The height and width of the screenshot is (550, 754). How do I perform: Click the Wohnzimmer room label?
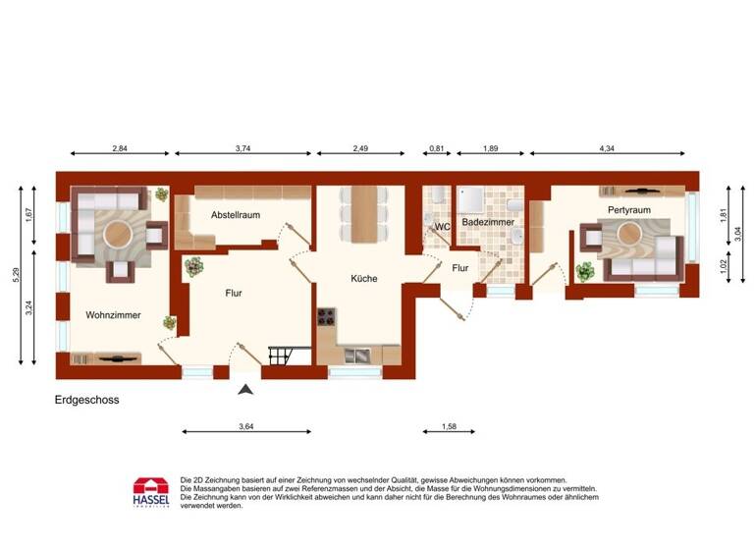point(113,315)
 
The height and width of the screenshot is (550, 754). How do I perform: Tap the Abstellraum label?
point(235,214)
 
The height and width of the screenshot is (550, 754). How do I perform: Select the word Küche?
point(363,279)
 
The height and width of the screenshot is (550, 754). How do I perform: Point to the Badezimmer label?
point(488,223)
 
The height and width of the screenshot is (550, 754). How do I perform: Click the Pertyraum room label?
point(629,210)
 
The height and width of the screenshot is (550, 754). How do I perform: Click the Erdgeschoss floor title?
point(87,401)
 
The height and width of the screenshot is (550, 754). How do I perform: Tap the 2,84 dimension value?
point(120,148)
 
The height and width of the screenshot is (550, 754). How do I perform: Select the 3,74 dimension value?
point(243,148)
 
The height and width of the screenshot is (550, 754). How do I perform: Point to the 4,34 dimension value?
point(607,148)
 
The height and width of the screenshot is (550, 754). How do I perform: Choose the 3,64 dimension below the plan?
point(247,425)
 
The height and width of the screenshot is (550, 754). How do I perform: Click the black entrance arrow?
point(245,390)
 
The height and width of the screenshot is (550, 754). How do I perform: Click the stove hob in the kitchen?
point(327,319)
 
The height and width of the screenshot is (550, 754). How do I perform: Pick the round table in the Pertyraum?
point(628,234)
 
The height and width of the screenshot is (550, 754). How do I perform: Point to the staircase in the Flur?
point(277,353)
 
